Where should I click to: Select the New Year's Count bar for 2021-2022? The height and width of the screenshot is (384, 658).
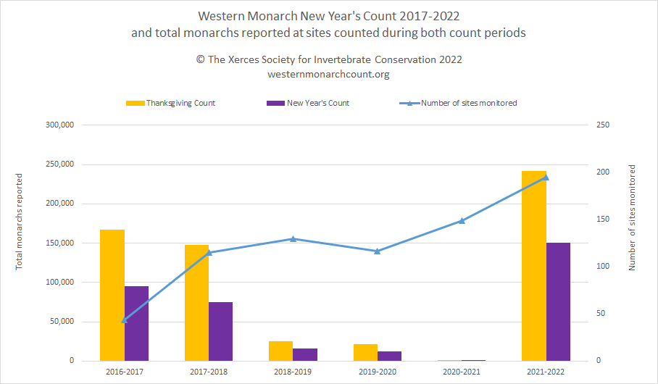pyautogui.click(x=558, y=301)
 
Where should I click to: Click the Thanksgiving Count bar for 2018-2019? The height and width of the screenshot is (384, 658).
pyautogui.click(x=281, y=351)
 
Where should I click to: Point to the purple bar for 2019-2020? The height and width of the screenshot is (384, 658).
pyautogui.click(x=389, y=356)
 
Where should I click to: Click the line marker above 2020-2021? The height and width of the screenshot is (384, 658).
pyautogui.click(x=462, y=220)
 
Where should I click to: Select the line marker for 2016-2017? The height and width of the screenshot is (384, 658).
pyautogui.click(x=125, y=320)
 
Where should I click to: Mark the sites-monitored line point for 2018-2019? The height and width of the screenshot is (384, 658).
pyautogui.click(x=293, y=238)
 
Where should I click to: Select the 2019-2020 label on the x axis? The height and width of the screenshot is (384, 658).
pyautogui.click(x=377, y=372)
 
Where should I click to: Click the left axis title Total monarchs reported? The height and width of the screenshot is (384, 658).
pyautogui.click(x=20, y=222)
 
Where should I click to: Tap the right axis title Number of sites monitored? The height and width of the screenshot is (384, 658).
pyautogui.click(x=632, y=217)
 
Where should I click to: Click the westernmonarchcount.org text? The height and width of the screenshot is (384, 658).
pyautogui.click(x=329, y=74)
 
